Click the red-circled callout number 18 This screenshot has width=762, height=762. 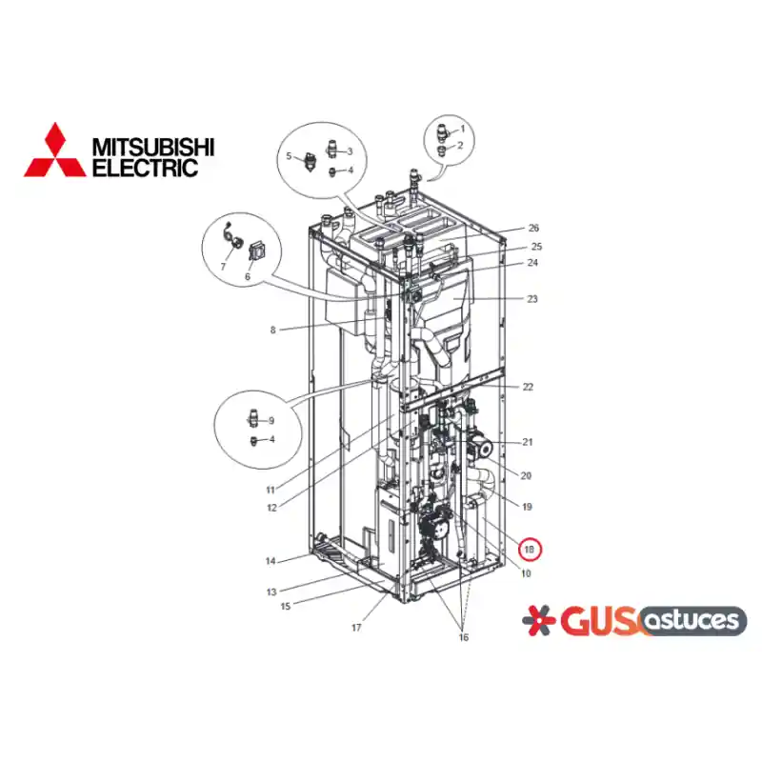click(x=530, y=550)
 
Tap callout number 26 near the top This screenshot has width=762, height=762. click(x=533, y=228)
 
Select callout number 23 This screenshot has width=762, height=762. click(x=532, y=299)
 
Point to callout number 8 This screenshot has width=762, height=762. click(x=273, y=330)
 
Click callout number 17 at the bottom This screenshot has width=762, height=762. click(x=356, y=628)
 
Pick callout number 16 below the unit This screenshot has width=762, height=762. click(x=464, y=637)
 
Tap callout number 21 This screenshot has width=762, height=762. click(x=528, y=442)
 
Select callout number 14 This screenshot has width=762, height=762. click(x=271, y=561)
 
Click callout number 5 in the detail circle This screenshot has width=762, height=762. click(x=290, y=156)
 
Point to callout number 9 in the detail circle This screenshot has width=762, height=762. click(x=271, y=421)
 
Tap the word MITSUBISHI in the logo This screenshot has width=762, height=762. click(x=153, y=148)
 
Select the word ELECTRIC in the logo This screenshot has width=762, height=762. click(x=146, y=168)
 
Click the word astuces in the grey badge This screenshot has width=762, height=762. click(x=693, y=621)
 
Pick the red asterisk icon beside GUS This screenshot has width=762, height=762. click(x=539, y=620)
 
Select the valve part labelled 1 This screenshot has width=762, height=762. click(x=443, y=132)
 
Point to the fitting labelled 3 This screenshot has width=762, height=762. click(x=331, y=149)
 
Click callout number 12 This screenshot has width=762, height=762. click(x=272, y=508)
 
